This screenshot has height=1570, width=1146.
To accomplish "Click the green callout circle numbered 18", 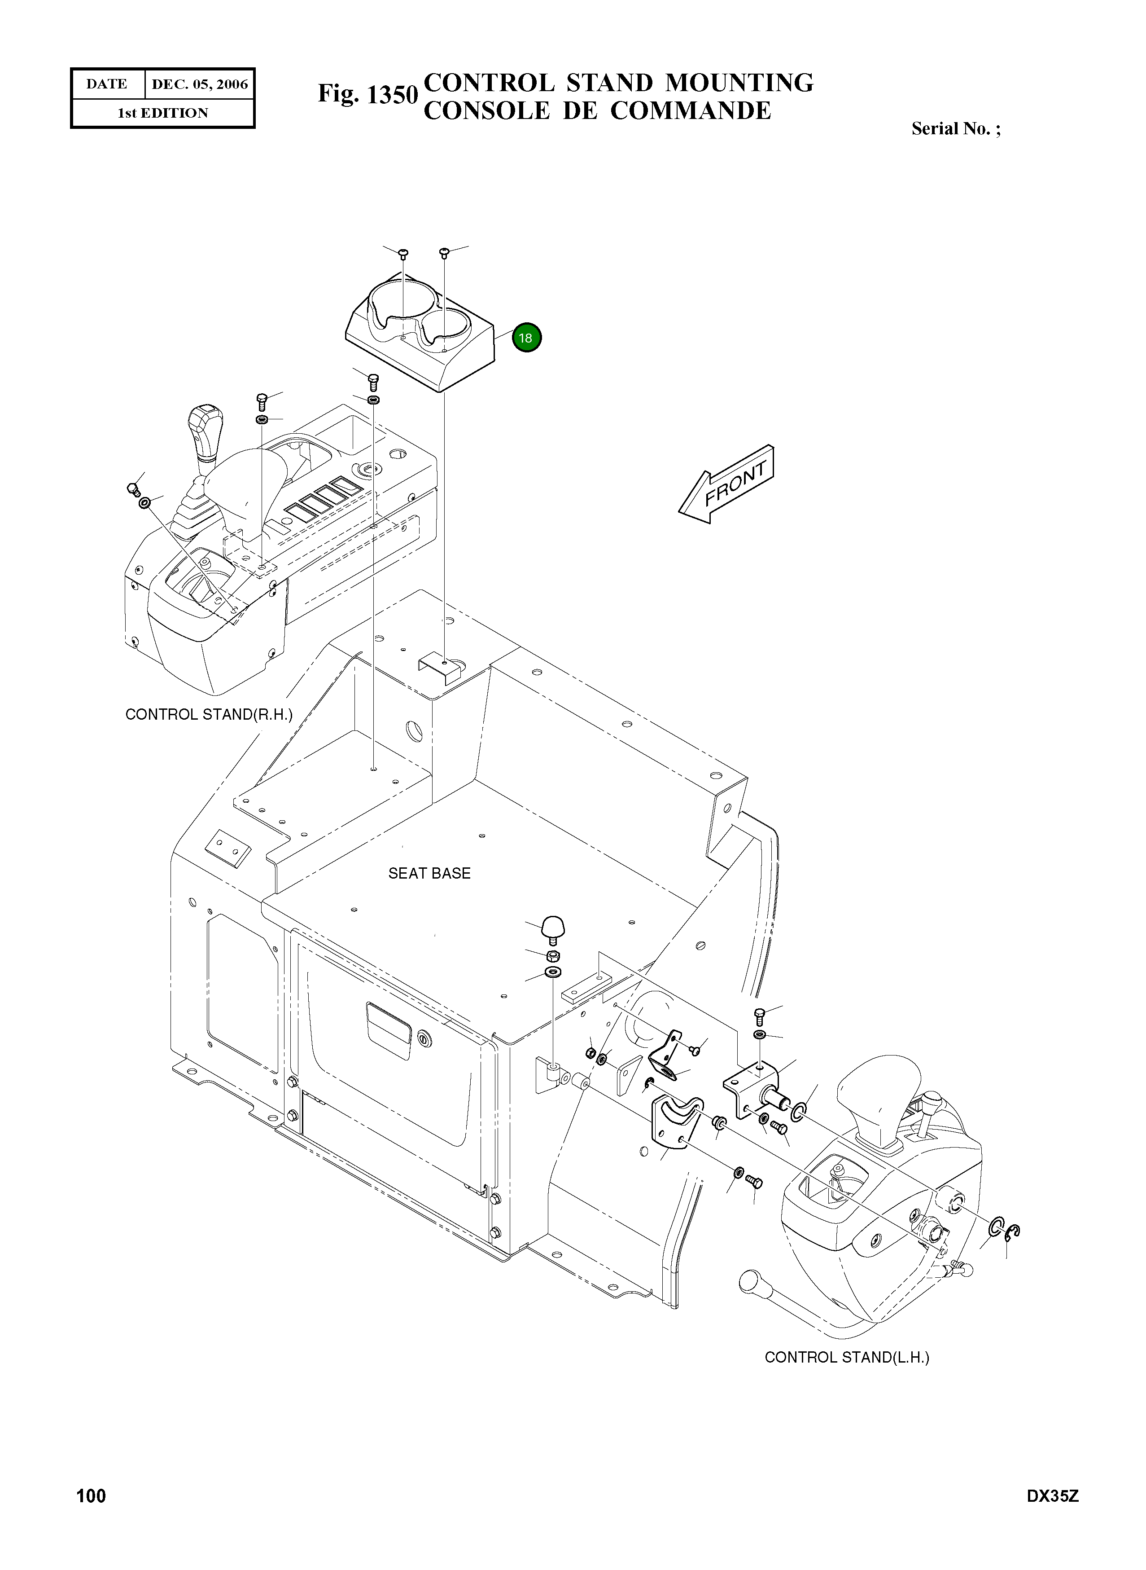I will (x=526, y=338).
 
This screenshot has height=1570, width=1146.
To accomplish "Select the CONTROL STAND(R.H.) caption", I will (x=209, y=714).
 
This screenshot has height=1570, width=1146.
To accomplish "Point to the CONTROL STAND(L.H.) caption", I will (x=846, y=1357).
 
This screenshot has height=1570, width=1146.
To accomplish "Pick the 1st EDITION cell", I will (x=163, y=113).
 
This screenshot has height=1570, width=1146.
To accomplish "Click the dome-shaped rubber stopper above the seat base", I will (x=553, y=927).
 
